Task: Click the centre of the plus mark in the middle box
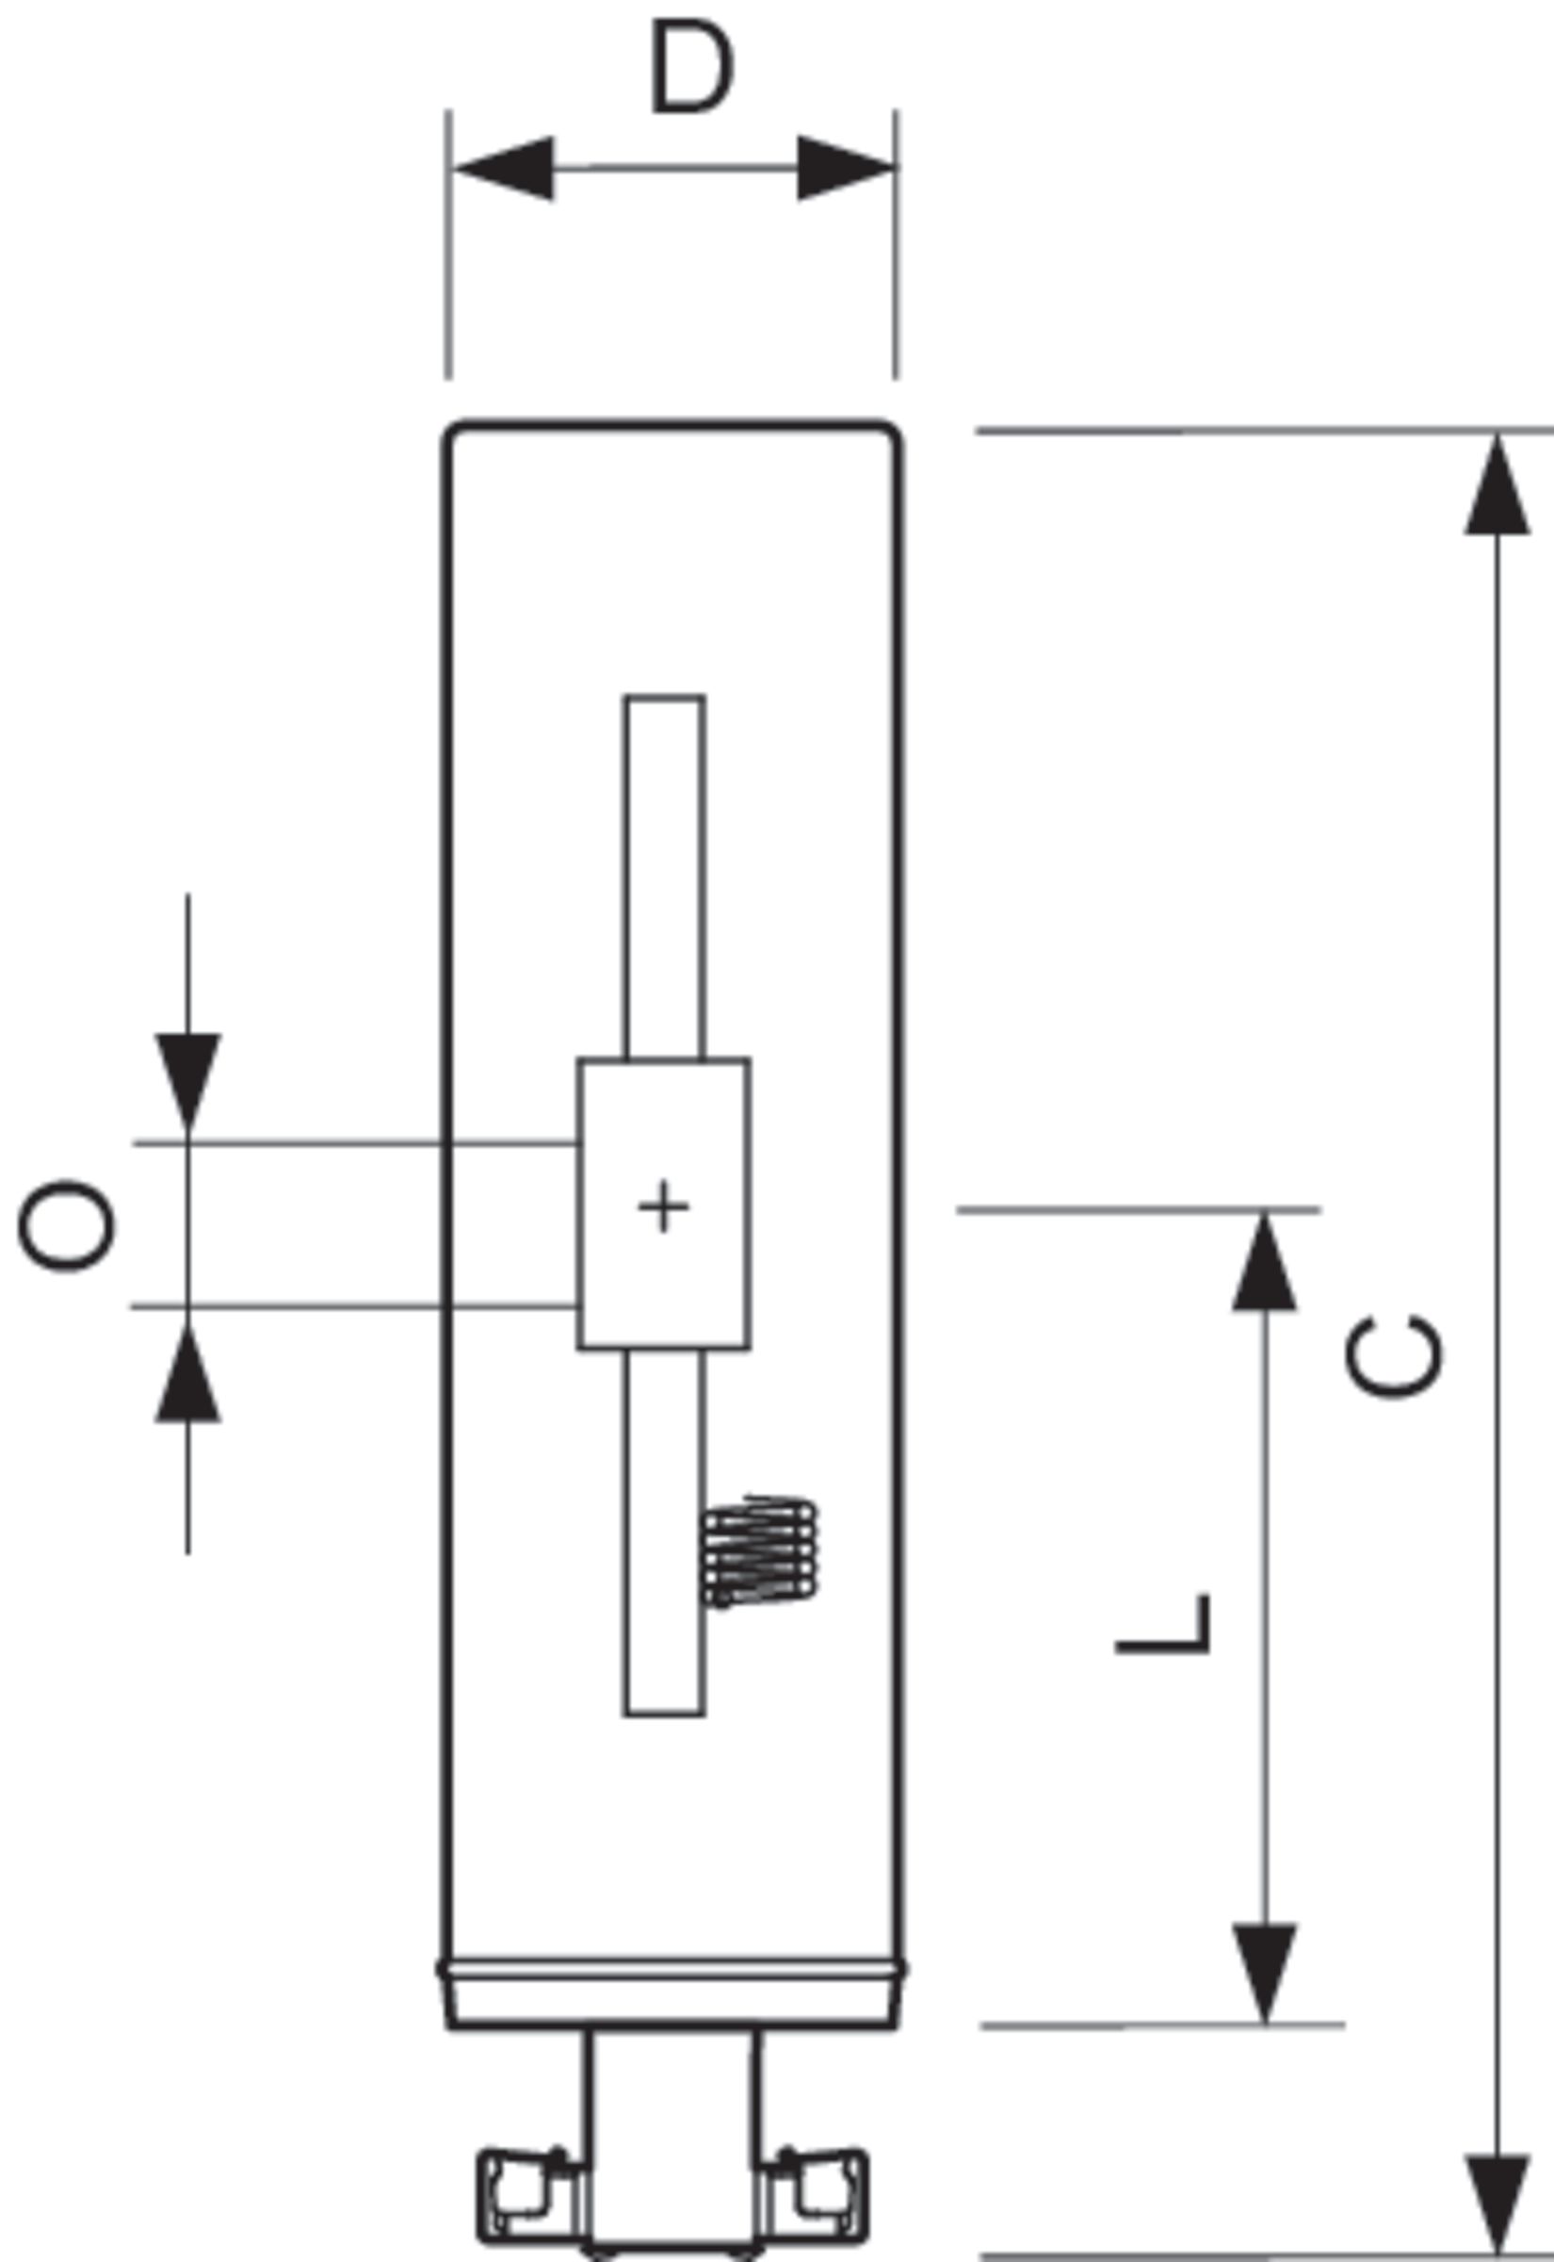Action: click(664, 1206)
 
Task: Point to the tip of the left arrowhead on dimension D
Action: click(454, 169)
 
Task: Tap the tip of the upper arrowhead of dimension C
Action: click(1497, 434)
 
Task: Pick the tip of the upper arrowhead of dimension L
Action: click(1264, 1212)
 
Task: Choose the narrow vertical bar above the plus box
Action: click(665, 877)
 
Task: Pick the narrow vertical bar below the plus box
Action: click(664, 1533)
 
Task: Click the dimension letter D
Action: click(692, 66)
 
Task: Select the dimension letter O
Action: click(66, 1225)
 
